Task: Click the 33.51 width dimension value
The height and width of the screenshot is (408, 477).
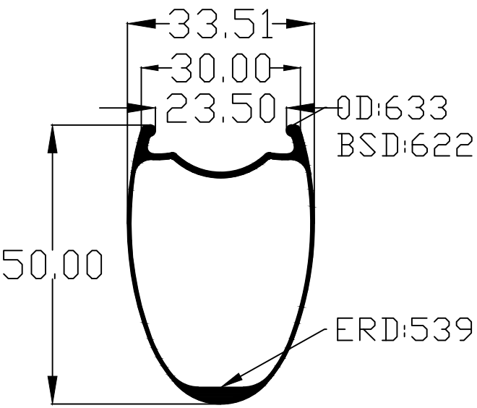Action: click(220, 24)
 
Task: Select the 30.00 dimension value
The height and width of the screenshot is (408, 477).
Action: click(220, 67)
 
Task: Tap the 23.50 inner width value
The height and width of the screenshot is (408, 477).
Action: click(221, 108)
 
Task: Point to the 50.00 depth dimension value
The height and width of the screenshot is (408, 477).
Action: click(52, 264)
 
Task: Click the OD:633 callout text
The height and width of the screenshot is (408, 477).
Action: click(392, 107)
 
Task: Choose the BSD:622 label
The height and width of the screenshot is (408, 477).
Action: click(405, 145)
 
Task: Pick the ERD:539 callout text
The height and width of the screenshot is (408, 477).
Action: click(405, 329)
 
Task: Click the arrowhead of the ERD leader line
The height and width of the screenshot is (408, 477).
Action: click(232, 381)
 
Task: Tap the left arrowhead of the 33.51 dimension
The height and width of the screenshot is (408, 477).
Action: click(142, 24)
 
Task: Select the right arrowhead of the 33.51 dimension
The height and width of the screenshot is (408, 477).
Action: click(300, 24)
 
